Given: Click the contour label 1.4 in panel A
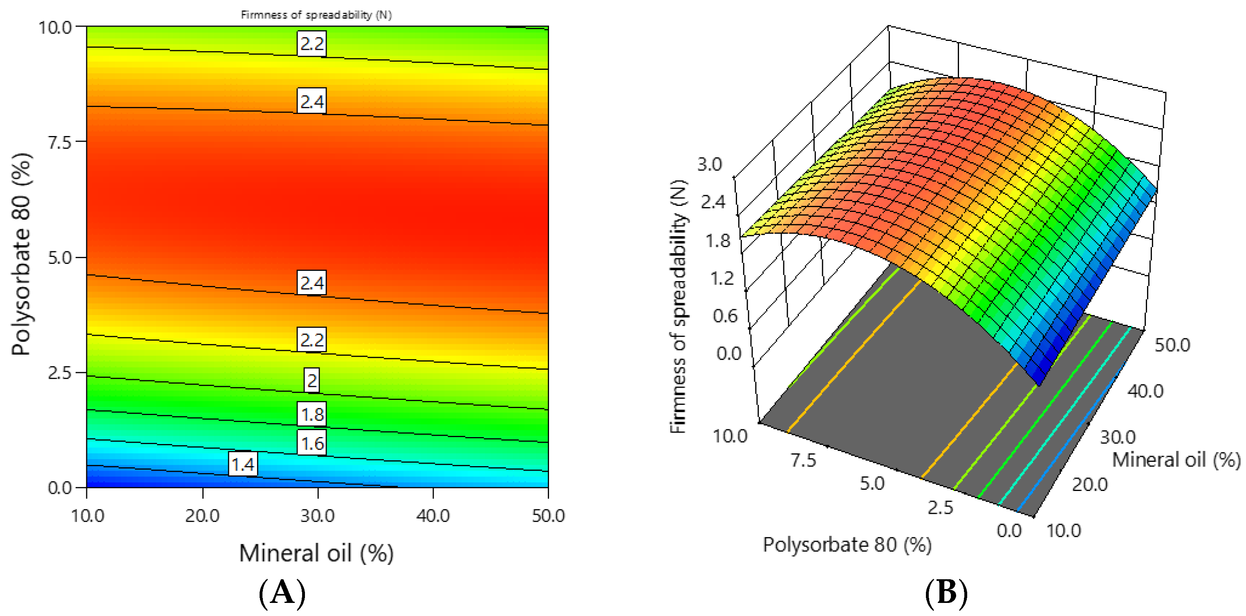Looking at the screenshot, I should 243,464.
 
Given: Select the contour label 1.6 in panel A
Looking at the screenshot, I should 312,443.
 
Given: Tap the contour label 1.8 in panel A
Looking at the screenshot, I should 312,414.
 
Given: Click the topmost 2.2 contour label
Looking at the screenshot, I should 312,44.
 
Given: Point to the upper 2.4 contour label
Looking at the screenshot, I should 312,102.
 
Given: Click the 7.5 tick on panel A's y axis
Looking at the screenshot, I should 59,143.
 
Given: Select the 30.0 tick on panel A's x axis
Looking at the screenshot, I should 317,516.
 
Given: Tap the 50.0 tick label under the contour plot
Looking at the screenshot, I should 548,516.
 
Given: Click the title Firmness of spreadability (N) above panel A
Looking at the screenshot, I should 316,15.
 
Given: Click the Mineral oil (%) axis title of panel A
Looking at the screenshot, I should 316,553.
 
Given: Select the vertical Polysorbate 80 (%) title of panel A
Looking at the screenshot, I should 21,255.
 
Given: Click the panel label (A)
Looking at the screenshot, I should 282,593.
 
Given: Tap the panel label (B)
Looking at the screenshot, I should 946,593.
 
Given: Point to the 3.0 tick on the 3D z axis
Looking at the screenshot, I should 709,164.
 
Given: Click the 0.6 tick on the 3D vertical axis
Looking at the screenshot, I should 724,316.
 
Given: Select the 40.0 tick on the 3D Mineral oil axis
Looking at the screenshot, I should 1145,391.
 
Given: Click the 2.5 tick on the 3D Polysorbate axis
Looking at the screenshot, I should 940,508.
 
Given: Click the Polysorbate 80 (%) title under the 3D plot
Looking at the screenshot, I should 847,545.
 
